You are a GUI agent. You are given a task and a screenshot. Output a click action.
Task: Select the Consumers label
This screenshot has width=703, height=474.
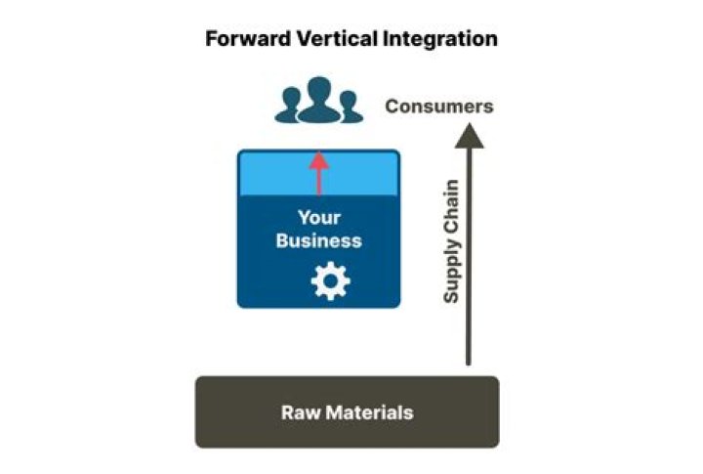point(438,107)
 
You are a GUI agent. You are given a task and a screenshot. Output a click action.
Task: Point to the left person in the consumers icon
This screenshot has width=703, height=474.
point(288,107)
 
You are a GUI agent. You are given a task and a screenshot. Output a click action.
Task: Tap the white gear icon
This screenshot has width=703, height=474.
point(329,281)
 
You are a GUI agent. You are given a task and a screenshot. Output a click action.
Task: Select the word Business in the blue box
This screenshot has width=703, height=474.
point(318,240)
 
